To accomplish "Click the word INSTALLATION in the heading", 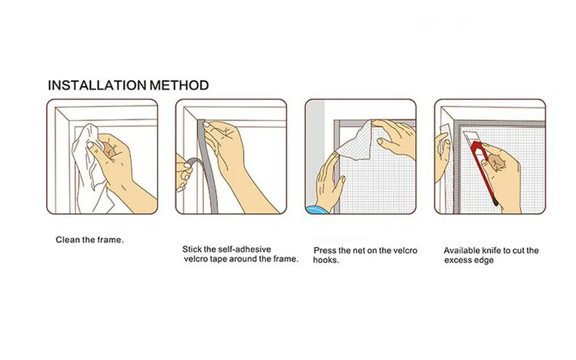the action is [97, 85].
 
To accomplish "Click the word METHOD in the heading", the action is [179, 85].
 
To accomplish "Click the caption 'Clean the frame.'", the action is [90, 240].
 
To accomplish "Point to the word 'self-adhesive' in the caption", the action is [244, 249].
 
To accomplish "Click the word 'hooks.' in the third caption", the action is [326, 260].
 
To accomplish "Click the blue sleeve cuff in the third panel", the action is [315, 210].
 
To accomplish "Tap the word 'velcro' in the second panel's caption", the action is [195, 259].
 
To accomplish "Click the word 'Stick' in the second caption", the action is [192, 249].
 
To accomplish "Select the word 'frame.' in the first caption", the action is [111, 240].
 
